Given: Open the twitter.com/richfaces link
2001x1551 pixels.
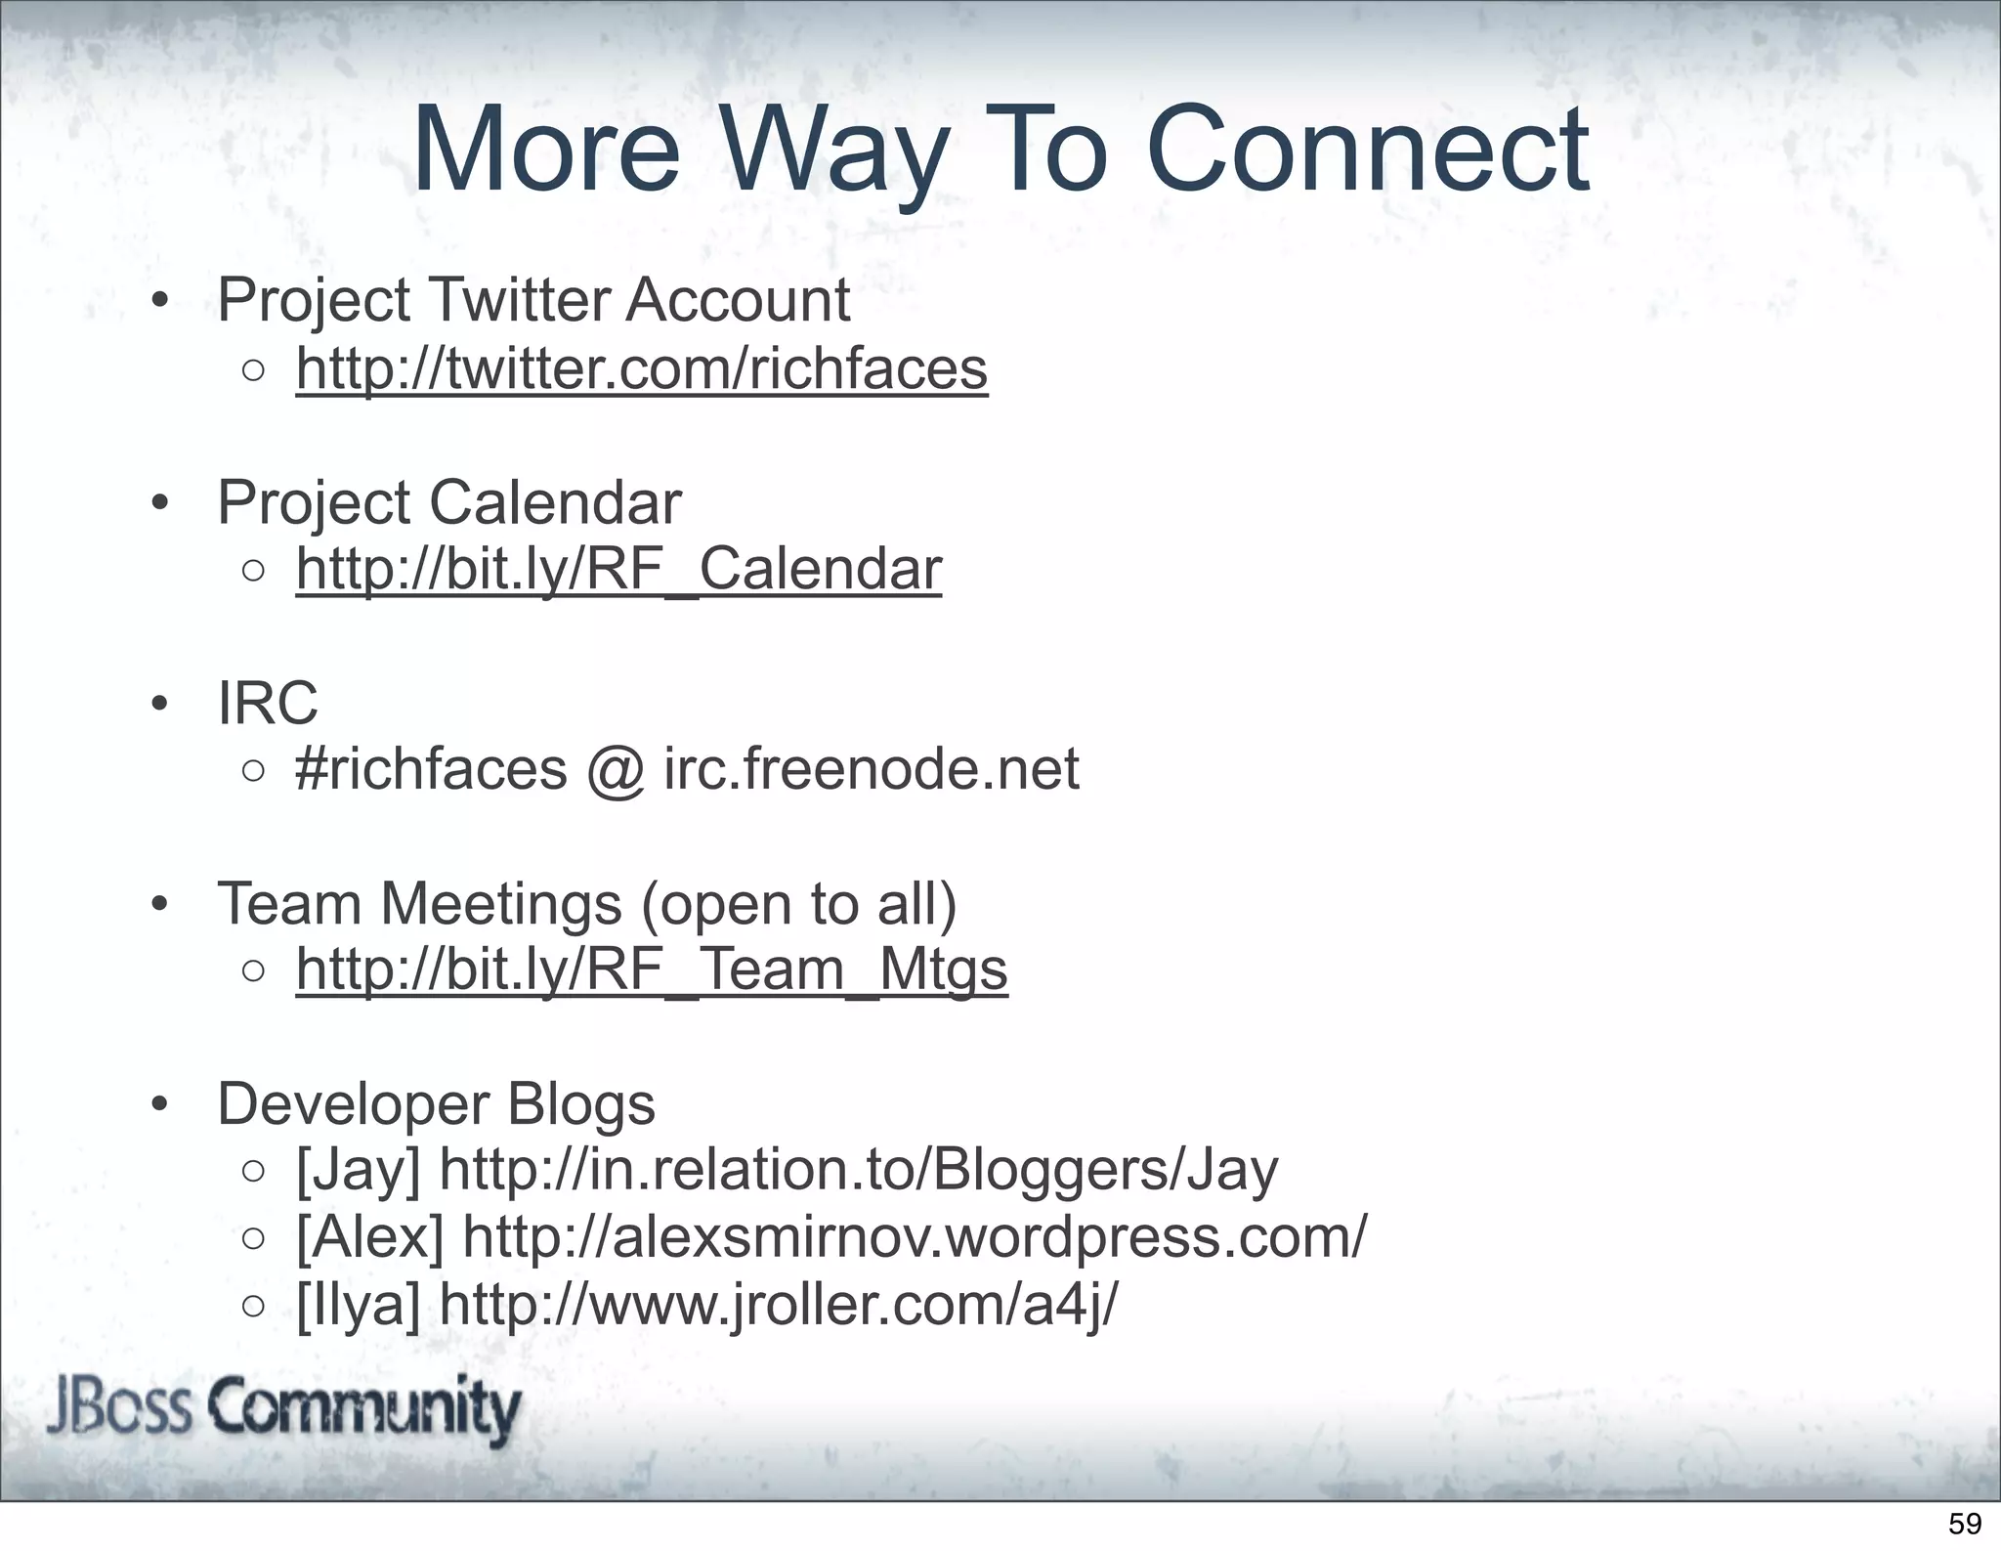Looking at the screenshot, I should [642, 369].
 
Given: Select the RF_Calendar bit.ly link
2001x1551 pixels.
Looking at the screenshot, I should [618, 570].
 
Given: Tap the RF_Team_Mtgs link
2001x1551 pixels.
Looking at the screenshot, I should [652, 969].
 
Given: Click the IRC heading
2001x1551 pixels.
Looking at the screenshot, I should [267, 703].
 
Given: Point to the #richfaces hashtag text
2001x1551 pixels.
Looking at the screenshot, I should [431, 769].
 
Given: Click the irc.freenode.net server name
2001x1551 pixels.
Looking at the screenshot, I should [872, 769].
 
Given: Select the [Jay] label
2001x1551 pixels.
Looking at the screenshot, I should [358, 1170].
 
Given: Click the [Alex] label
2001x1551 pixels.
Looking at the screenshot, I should [369, 1236].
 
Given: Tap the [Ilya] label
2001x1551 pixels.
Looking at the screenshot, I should [358, 1304].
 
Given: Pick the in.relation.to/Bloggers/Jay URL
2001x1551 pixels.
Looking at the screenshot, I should [859, 1170].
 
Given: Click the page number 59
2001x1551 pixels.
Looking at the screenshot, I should [1965, 1524].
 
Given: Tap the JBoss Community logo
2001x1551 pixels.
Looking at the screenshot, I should [283, 1410].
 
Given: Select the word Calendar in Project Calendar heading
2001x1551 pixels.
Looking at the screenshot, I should [555, 503].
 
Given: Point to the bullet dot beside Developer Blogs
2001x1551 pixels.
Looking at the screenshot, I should [160, 1105].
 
